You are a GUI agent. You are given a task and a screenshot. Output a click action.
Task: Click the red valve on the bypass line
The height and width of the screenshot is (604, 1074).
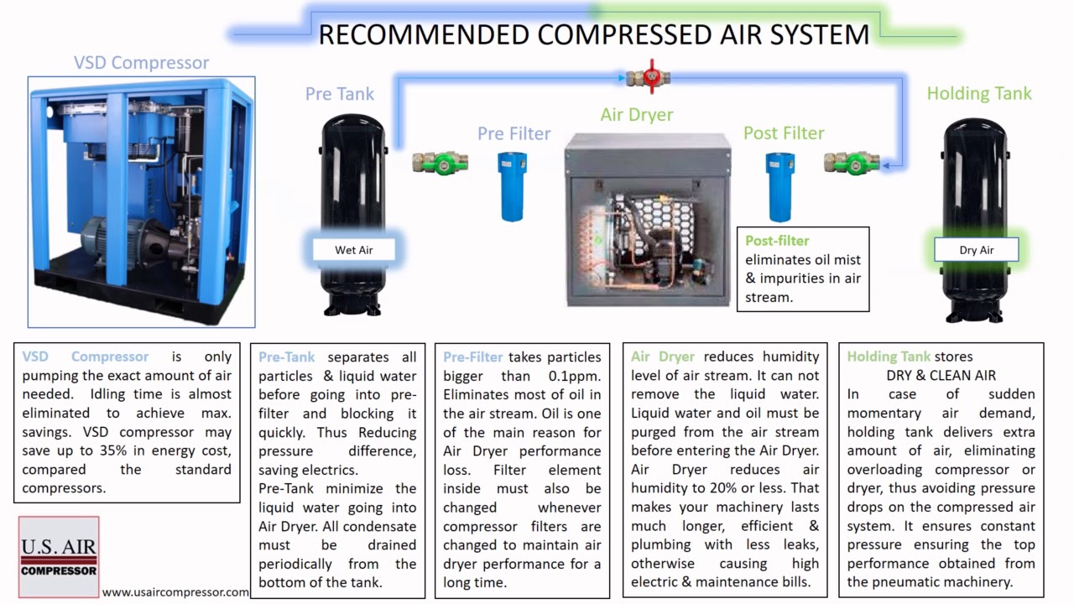646,77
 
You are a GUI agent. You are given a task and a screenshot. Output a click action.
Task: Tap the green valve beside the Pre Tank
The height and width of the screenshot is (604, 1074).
434,162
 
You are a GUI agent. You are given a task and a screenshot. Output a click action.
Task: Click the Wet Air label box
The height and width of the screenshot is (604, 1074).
353,250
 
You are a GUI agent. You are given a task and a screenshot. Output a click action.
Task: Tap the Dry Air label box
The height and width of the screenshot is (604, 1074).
976,250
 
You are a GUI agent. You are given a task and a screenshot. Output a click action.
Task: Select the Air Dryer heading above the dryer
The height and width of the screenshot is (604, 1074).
636,115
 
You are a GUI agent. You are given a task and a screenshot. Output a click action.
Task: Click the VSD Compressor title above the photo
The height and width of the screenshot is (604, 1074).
141,63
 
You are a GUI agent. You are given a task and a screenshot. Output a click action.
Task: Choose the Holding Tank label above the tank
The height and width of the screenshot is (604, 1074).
978,93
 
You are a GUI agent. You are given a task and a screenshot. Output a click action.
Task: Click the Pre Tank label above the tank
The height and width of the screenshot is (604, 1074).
339,94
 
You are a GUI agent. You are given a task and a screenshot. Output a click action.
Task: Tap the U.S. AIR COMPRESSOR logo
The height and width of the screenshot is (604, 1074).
59,557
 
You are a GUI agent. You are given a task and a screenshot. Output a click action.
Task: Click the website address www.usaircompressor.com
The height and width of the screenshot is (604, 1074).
175,592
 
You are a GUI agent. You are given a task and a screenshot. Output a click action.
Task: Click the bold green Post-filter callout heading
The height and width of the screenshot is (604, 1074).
777,241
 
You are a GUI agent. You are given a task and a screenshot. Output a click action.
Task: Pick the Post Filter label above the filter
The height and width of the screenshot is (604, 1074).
783,133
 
